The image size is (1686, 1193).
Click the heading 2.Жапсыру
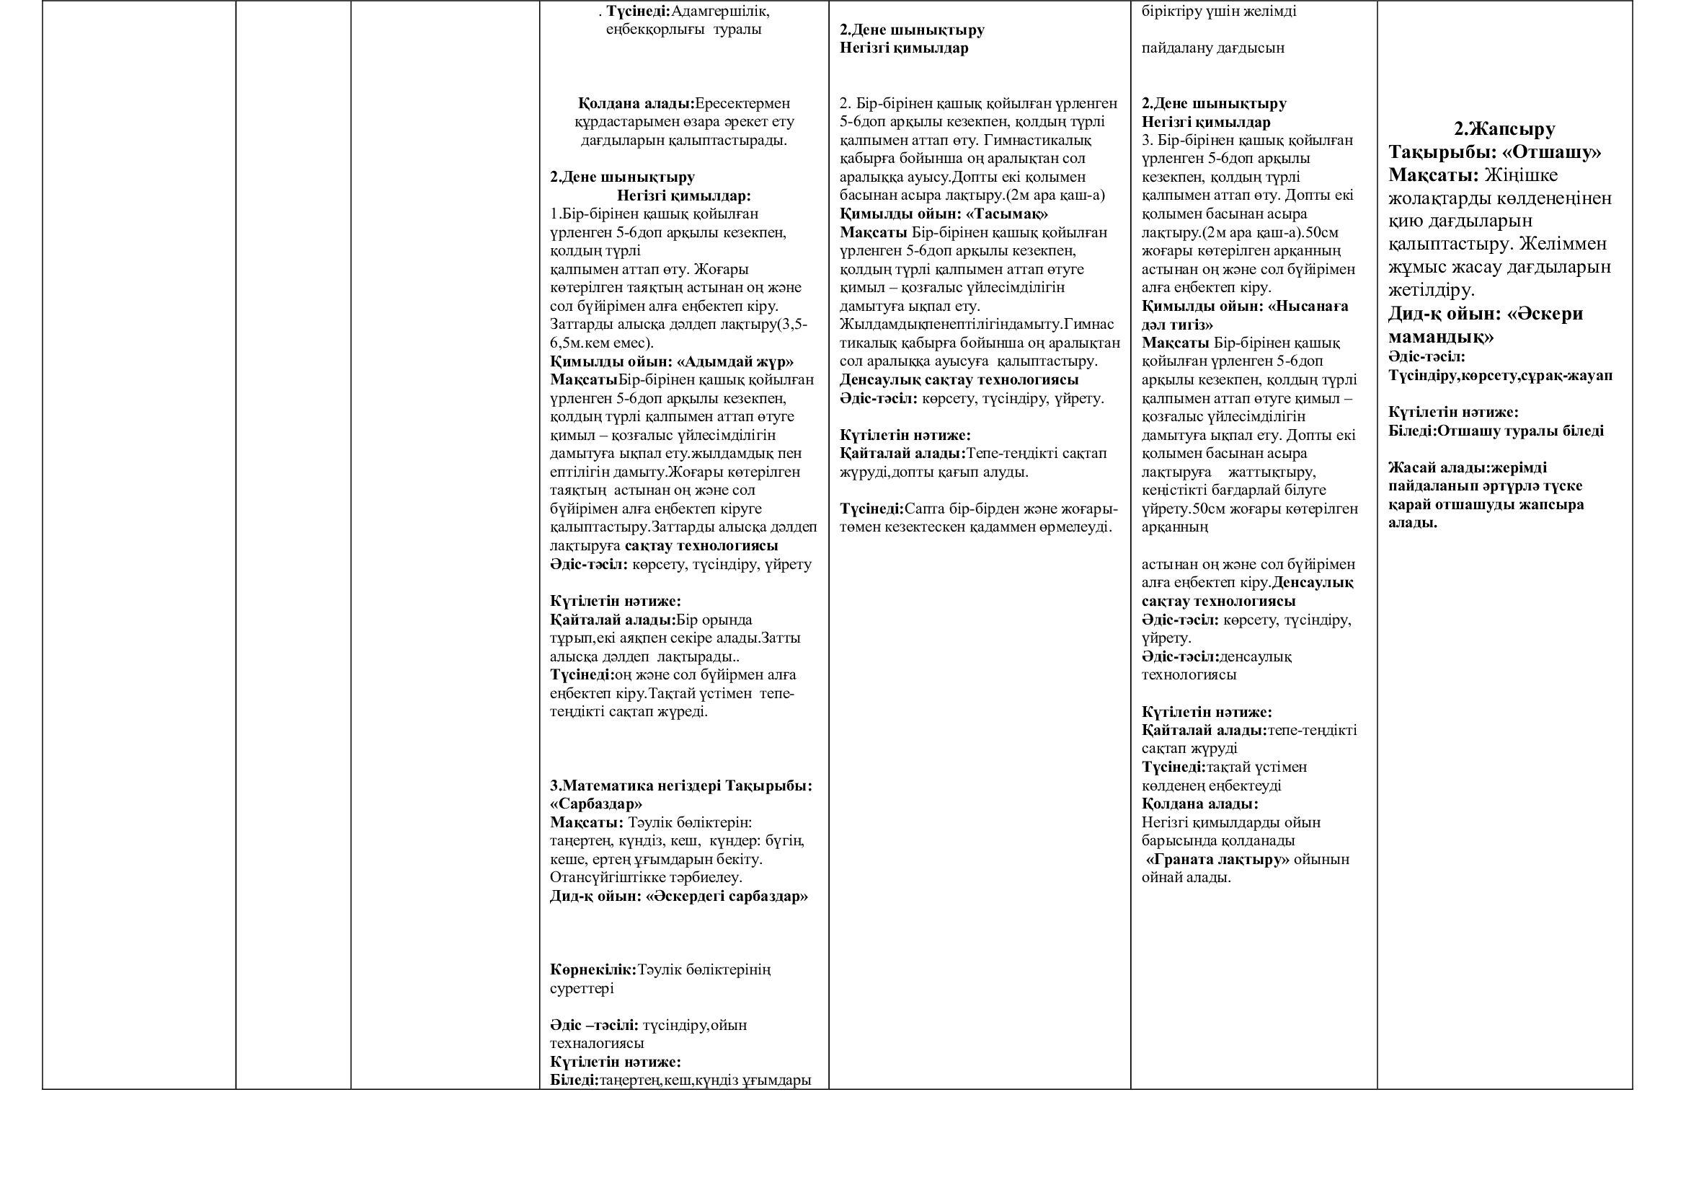(x=1504, y=129)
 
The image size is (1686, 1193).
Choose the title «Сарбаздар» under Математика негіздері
(x=595, y=804)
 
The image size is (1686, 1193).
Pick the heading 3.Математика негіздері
(x=636, y=785)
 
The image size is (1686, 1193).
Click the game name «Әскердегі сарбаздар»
(x=727, y=897)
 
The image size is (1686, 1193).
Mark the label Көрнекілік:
(x=593, y=969)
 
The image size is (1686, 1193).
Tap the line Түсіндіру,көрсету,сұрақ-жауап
(x=1500, y=376)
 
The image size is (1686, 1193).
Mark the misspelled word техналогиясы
(x=597, y=1044)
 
